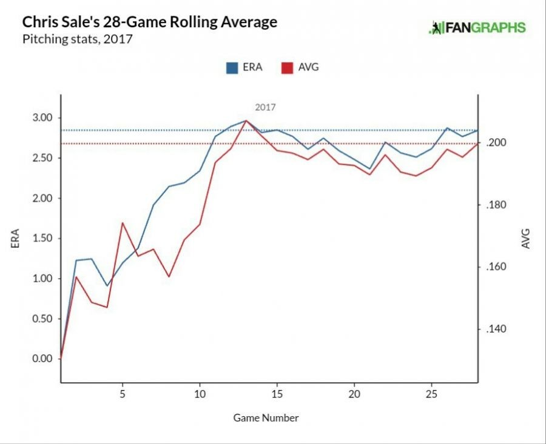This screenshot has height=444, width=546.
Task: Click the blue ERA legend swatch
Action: (231, 67)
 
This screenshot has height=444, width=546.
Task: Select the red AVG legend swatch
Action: (287, 67)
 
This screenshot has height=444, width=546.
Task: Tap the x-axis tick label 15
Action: (277, 393)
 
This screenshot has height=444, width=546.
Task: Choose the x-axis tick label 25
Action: (431, 393)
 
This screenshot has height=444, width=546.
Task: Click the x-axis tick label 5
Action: (123, 393)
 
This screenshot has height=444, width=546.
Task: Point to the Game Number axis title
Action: (266, 417)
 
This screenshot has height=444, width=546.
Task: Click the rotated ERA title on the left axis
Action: (15, 238)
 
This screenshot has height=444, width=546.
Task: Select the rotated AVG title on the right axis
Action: (525, 238)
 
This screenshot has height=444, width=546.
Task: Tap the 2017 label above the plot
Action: (265, 107)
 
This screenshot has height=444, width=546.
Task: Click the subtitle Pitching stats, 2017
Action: (77, 40)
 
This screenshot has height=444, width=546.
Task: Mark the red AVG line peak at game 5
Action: (123, 222)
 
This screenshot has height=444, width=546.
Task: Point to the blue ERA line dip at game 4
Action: (107, 286)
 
